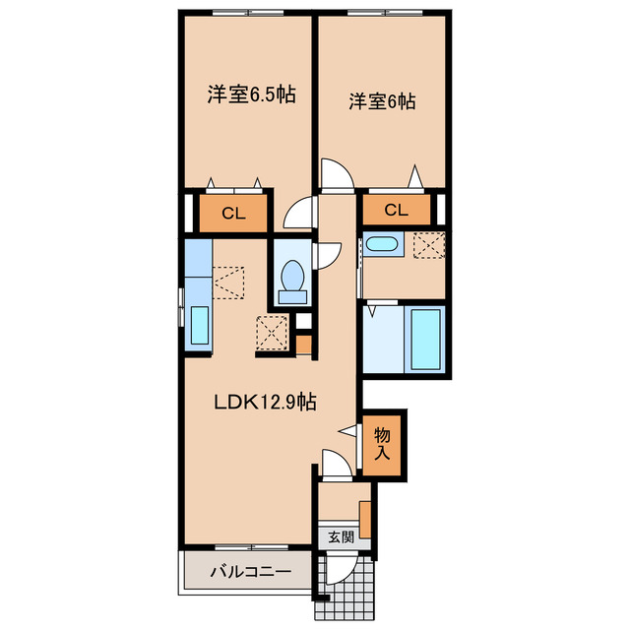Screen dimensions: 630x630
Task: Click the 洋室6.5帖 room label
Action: [252, 94]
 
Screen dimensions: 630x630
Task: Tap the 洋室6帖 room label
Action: [382, 101]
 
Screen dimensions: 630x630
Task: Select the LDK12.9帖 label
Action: [265, 402]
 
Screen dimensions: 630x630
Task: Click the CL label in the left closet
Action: [233, 214]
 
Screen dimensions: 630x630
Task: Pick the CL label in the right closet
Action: [396, 210]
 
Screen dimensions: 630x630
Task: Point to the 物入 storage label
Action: [382, 444]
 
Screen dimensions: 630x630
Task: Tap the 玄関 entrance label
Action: [342, 536]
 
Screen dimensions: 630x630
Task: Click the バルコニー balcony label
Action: [251, 571]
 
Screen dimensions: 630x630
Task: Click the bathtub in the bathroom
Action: [425, 340]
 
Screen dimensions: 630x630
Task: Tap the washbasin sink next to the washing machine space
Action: [382, 244]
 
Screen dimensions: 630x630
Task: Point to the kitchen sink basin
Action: [200, 325]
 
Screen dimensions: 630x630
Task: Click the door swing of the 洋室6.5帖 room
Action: [297, 214]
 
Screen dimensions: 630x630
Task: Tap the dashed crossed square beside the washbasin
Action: [429, 245]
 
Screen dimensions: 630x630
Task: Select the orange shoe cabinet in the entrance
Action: [365, 520]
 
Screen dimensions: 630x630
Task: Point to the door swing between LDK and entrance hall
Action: [338, 464]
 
